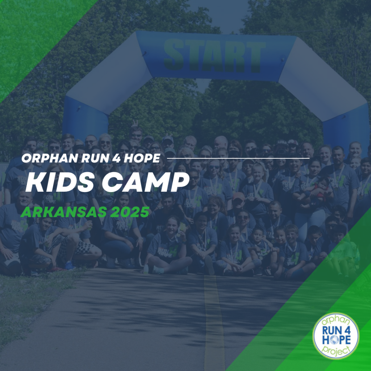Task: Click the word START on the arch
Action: coord(214,55)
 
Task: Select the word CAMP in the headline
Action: coord(146,182)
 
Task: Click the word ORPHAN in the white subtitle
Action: coord(50,158)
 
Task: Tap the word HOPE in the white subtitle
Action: coord(142,158)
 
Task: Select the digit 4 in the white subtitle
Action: coord(116,158)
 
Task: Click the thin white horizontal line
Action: coord(238,158)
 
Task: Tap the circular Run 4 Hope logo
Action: coord(336,336)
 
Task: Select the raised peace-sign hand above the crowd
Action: coord(135,123)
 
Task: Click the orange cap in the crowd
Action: coord(238,196)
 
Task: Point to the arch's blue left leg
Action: coord(85,116)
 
